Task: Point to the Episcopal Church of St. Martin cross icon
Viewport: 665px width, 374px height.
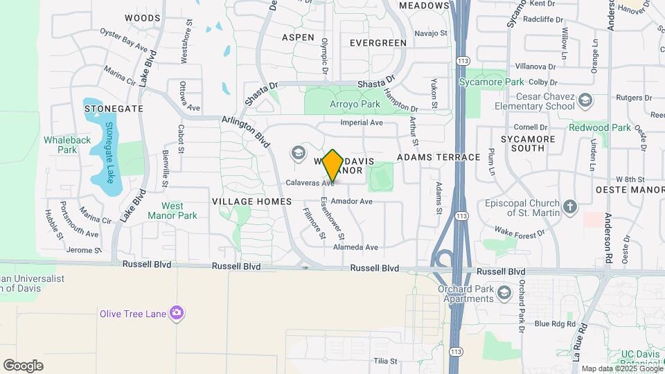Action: [x=569, y=206]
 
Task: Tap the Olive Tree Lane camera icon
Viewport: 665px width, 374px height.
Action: [x=177, y=314]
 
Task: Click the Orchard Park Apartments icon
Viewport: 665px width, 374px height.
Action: [x=504, y=294]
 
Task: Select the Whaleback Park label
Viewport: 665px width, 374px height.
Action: [x=67, y=144]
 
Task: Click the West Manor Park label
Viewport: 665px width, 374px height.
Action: [x=172, y=211]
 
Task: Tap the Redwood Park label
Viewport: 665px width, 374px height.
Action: [x=600, y=127]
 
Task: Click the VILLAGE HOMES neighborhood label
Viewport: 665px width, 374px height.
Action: [x=253, y=201]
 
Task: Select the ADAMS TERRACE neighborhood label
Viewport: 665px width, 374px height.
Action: [x=438, y=157]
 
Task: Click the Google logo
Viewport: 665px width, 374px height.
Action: [x=23, y=366]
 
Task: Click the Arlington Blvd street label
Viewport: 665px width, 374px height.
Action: [x=246, y=130]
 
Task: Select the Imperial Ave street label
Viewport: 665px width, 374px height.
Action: [x=362, y=123]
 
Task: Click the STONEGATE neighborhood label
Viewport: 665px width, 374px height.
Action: [x=114, y=109]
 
